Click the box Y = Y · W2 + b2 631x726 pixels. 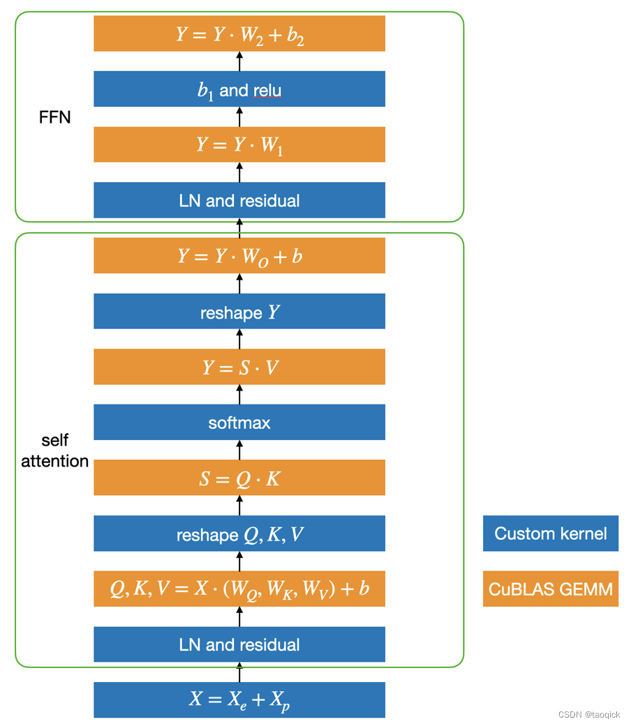coord(239,33)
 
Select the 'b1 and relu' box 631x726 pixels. coord(239,89)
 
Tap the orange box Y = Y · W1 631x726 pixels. coord(239,144)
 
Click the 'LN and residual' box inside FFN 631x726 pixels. coord(239,200)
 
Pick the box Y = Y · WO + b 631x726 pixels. coord(239,256)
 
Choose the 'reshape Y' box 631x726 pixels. coord(239,312)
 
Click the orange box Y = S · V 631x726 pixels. coord(239,367)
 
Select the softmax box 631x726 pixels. coord(239,423)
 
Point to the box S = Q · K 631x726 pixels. coord(239,478)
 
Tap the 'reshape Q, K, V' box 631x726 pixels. coord(239,534)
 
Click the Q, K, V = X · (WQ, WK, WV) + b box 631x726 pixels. coord(239,589)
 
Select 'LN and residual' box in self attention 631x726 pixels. coord(239,645)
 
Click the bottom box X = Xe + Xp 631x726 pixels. coord(239,700)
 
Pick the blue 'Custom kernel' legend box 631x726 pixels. coord(551,534)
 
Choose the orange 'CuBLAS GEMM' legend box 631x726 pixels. coord(551,589)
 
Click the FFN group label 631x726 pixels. coord(55,117)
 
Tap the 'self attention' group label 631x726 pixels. coord(55,451)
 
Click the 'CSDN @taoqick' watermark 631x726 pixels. coord(589,715)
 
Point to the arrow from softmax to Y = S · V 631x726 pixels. coord(239,395)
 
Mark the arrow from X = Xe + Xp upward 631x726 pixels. coord(239,672)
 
